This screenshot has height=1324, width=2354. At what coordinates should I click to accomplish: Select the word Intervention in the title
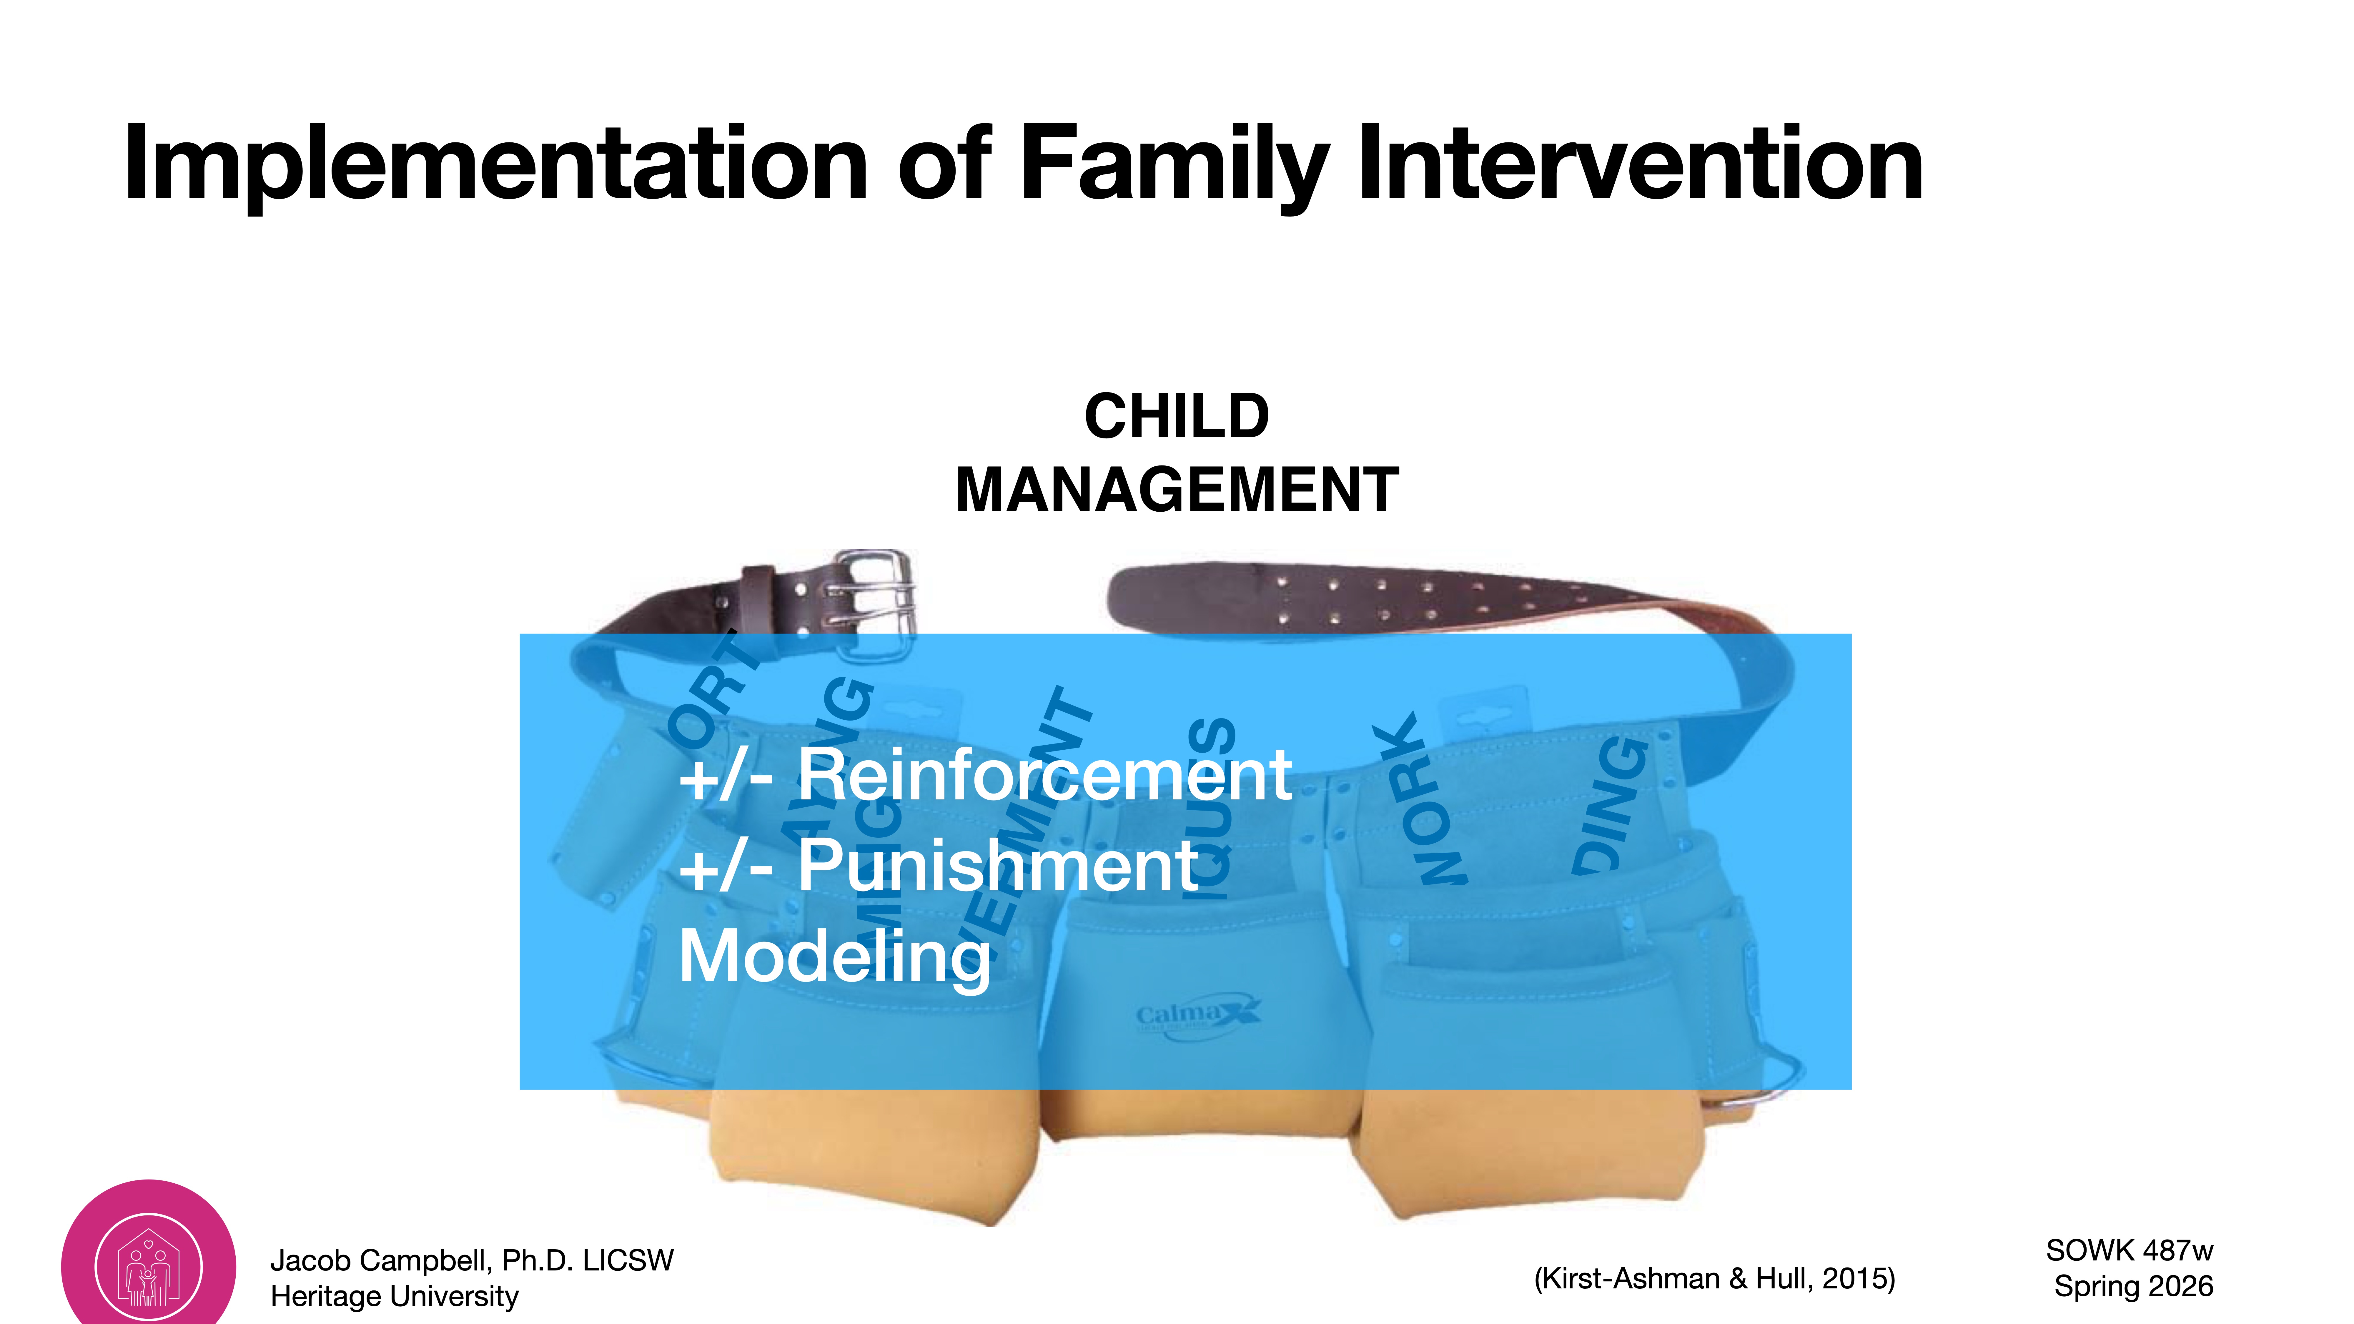tap(1640, 164)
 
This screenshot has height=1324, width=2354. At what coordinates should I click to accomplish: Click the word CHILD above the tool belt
tap(1176, 417)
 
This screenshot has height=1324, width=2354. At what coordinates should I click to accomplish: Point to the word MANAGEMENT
tap(1176, 490)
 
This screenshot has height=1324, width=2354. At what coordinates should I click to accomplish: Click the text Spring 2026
tap(2133, 1286)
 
